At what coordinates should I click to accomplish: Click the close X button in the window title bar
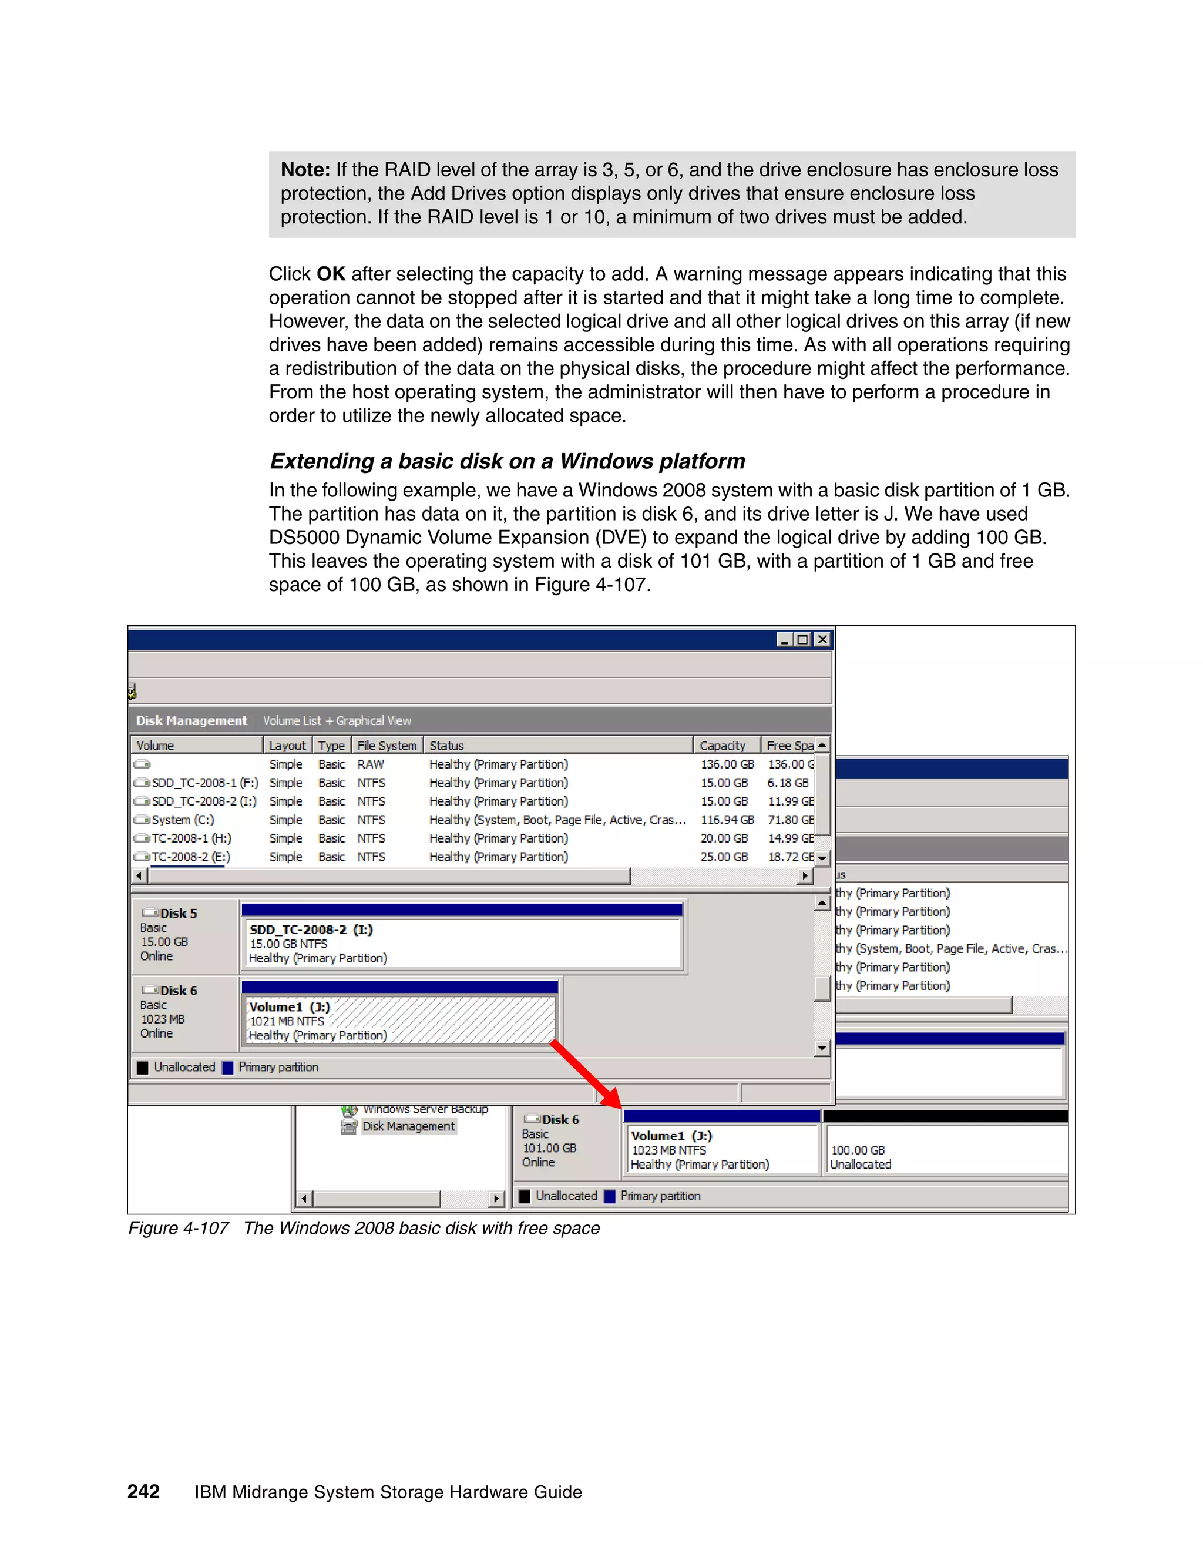pyautogui.click(x=822, y=639)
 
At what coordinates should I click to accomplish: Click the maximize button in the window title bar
pyautogui.click(x=803, y=639)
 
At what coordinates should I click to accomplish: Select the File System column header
pyautogui.click(x=387, y=745)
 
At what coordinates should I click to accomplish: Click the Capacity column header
pyautogui.click(x=722, y=745)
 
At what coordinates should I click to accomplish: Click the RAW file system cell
pyautogui.click(x=371, y=764)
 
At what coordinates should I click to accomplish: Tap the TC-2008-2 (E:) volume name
pyautogui.click(x=190, y=857)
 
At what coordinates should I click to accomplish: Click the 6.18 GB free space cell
pyautogui.click(x=788, y=783)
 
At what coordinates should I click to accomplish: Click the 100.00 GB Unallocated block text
pyautogui.click(x=859, y=1157)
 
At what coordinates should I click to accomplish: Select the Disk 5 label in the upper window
pyautogui.click(x=178, y=913)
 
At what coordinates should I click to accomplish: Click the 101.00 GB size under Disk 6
pyautogui.click(x=549, y=1148)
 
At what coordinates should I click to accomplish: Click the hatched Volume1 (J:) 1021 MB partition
pyautogui.click(x=399, y=1021)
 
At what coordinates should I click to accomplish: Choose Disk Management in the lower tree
pyautogui.click(x=408, y=1126)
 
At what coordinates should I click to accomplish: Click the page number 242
pyautogui.click(x=143, y=1491)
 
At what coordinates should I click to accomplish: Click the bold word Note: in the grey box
pyautogui.click(x=305, y=170)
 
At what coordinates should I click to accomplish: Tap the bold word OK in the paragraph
pyautogui.click(x=331, y=274)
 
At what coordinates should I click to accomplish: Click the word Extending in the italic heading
pyautogui.click(x=321, y=461)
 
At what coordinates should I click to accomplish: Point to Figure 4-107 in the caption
pyautogui.click(x=178, y=1229)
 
